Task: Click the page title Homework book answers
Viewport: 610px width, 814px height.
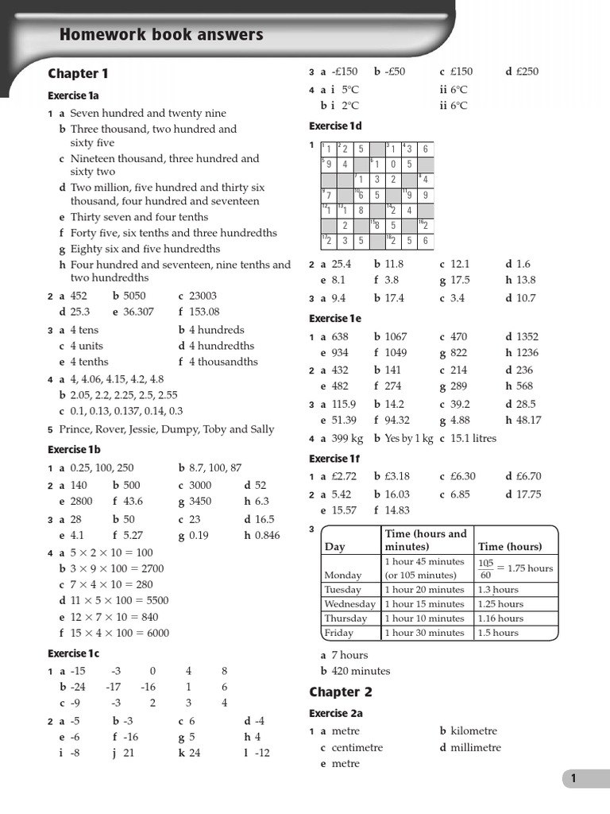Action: (161, 35)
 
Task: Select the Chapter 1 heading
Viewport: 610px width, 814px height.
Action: (78, 74)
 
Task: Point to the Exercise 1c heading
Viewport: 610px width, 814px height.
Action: (73, 653)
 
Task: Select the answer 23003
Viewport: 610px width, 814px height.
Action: (203, 296)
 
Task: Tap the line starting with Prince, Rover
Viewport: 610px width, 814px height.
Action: (166, 429)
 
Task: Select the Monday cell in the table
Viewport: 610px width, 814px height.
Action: (343, 575)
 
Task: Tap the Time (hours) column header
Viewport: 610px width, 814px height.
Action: (510, 547)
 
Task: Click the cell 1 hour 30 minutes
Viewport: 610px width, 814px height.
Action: (424, 633)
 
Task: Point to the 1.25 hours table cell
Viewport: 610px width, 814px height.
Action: (500, 604)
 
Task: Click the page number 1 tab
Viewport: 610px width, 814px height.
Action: (573, 780)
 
